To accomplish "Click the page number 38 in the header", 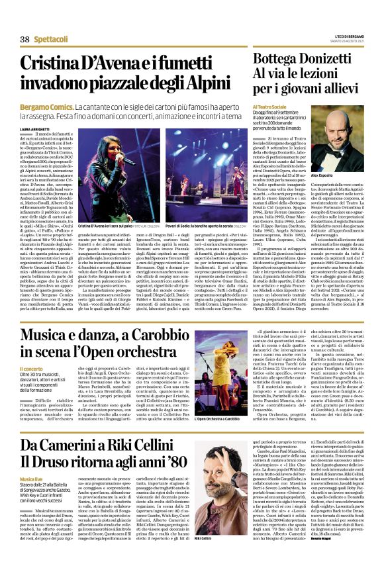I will click(x=25, y=40).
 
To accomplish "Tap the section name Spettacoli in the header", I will click(x=50, y=40).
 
